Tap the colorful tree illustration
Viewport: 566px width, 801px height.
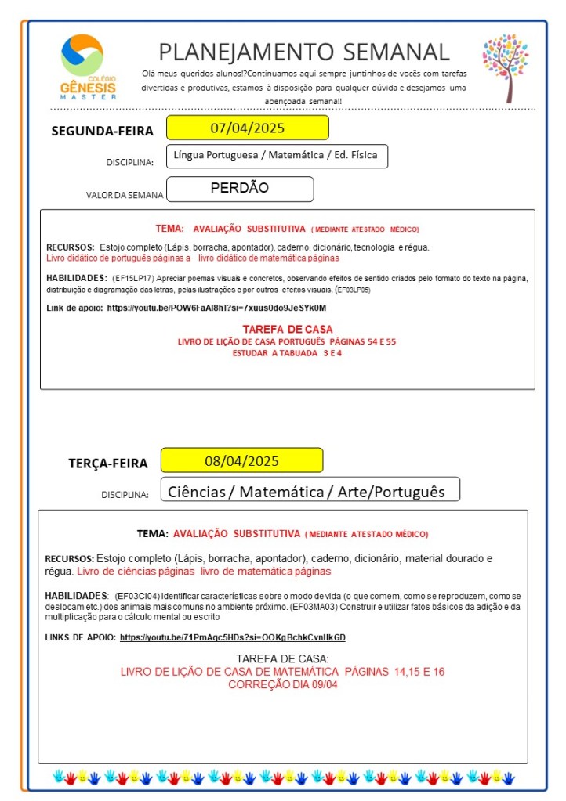coord(506,67)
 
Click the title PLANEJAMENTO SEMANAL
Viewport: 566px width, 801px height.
coord(304,52)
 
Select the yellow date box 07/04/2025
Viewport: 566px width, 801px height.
coord(247,128)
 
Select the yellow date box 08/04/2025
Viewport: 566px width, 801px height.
coord(241,460)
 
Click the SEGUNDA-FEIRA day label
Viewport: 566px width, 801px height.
coord(102,131)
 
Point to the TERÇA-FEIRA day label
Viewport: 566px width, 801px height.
coord(107,463)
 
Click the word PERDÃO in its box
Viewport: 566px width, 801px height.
coord(240,188)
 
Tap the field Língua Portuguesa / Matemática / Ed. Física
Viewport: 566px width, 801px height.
coord(277,155)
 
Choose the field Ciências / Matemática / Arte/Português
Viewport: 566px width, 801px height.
coord(309,491)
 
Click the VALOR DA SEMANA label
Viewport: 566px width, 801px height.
coord(125,195)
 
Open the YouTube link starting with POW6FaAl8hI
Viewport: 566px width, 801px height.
coord(216,308)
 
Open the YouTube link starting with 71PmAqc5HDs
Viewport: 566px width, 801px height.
coord(232,637)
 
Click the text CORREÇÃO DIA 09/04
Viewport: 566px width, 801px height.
coord(282,684)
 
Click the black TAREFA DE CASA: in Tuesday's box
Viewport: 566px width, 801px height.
coord(282,658)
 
